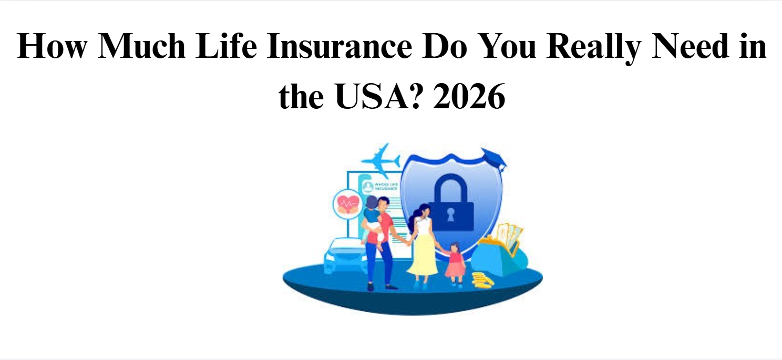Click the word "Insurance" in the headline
(339, 47)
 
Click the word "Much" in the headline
(134, 47)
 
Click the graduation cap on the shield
(493, 156)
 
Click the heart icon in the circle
(347, 203)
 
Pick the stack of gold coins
(482, 280)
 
